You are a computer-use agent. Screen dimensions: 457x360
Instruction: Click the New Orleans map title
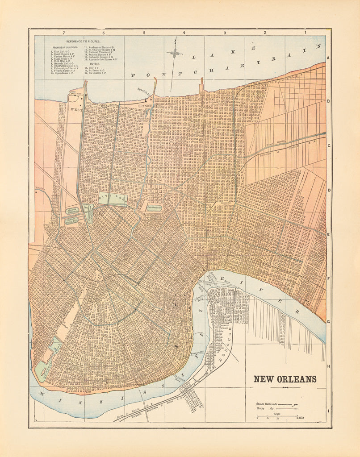click(x=285, y=379)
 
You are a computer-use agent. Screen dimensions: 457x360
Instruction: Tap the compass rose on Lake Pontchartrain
click(x=175, y=54)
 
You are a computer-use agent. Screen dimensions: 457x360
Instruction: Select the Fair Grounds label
click(x=154, y=207)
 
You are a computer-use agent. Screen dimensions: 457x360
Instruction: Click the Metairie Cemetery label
click(x=73, y=210)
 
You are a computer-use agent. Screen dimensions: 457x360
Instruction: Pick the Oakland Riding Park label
click(x=72, y=220)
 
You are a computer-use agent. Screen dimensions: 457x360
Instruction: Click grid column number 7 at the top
click(x=64, y=33)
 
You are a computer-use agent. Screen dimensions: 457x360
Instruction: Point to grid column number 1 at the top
click(x=306, y=33)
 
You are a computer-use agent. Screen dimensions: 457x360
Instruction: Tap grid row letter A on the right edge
click(x=328, y=58)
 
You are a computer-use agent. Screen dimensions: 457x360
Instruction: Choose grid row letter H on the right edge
click(x=328, y=366)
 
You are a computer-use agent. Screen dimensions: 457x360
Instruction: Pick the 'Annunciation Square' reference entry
click(x=103, y=59)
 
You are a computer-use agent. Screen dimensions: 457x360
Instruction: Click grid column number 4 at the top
click(x=184, y=33)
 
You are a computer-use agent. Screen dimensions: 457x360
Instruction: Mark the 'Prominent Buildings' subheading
click(x=65, y=47)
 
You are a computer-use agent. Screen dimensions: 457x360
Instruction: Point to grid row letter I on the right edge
click(x=328, y=411)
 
